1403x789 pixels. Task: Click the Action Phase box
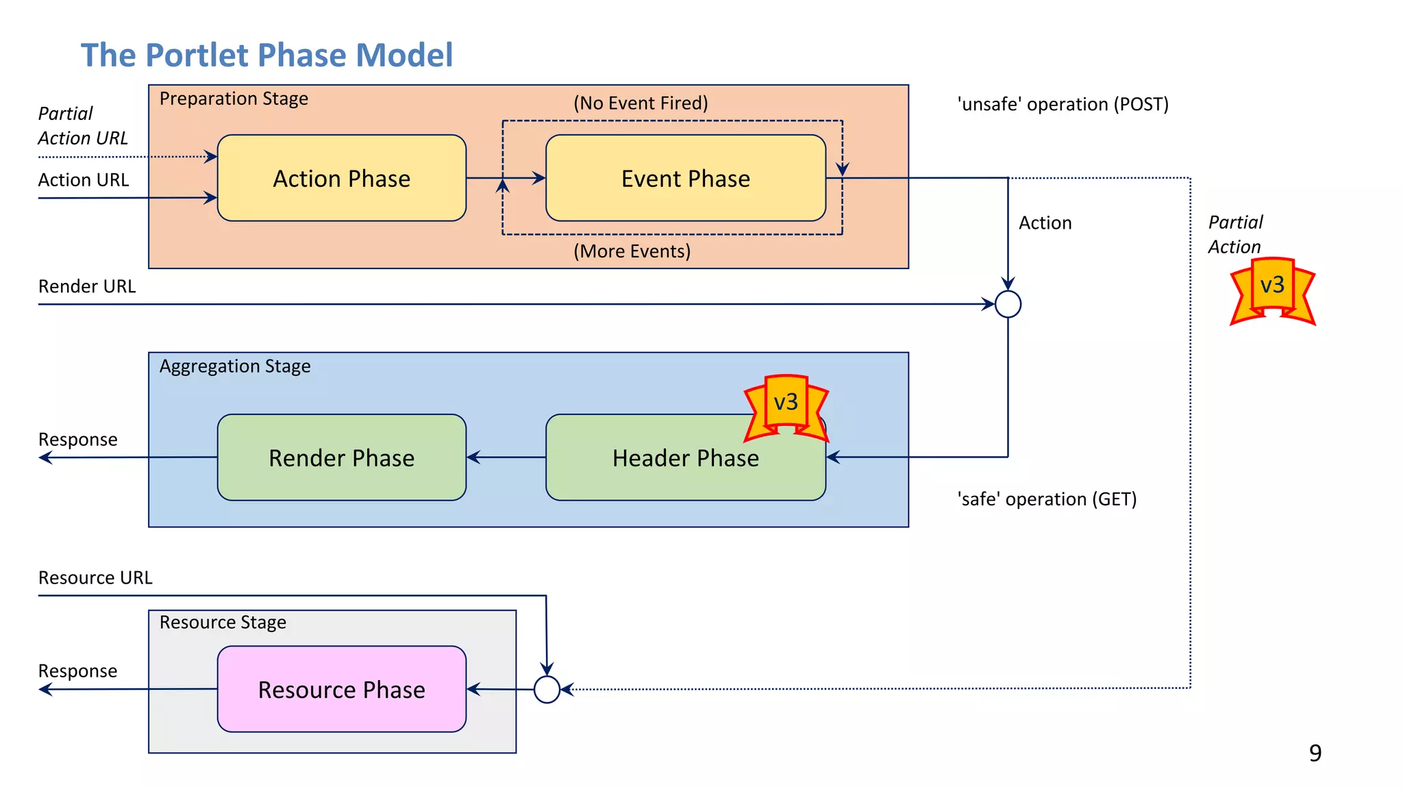tap(341, 178)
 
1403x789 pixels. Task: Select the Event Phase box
tap(685, 178)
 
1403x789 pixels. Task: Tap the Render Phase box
tap(341, 458)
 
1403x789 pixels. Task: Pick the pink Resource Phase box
tap(341, 689)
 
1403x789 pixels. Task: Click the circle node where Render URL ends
tap(1008, 304)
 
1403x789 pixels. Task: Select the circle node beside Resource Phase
tap(547, 689)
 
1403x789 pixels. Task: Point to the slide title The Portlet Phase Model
tap(266, 55)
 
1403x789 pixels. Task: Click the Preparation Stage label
tap(234, 99)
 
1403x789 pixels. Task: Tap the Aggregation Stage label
tap(234, 366)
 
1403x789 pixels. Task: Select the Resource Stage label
tap(223, 623)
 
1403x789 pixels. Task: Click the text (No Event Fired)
tap(641, 103)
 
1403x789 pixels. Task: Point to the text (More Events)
tap(632, 251)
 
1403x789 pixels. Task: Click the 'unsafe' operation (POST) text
tap(1063, 104)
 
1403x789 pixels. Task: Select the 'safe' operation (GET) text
tap(1047, 499)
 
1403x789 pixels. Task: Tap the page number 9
tap(1315, 753)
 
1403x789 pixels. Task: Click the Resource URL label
tap(95, 578)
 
